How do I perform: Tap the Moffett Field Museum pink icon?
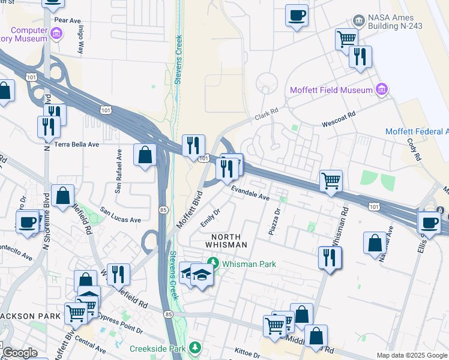pyautogui.click(x=381, y=90)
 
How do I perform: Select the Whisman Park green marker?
pyautogui.click(x=212, y=263)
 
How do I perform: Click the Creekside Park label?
pyautogui.click(x=157, y=348)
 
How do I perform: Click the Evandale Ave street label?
pyautogui.click(x=251, y=193)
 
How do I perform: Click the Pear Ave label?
pyautogui.click(x=67, y=20)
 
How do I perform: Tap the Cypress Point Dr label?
pyautogui.click(x=121, y=322)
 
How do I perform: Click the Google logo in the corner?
pyautogui.click(x=20, y=353)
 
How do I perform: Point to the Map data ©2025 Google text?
pyautogui.click(x=411, y=355)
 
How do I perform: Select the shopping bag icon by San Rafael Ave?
pyautogui.click(x=145, y=155)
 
